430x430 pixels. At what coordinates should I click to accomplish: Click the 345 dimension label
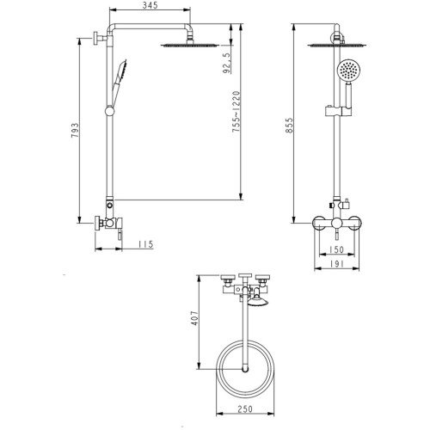pos(150,5)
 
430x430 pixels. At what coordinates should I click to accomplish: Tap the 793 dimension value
pos(75,131)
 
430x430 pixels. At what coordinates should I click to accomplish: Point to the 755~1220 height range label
pos(236,112)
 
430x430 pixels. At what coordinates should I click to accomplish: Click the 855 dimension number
pos(289,125)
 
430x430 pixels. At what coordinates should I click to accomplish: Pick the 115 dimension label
pos(146,244)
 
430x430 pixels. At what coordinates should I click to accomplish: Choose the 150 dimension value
pos(336,249)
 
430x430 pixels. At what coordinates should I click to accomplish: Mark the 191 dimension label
pos(336,264)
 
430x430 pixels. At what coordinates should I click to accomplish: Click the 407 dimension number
pos(195,318)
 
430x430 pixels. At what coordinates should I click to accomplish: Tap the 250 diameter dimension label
pos(245,408)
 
